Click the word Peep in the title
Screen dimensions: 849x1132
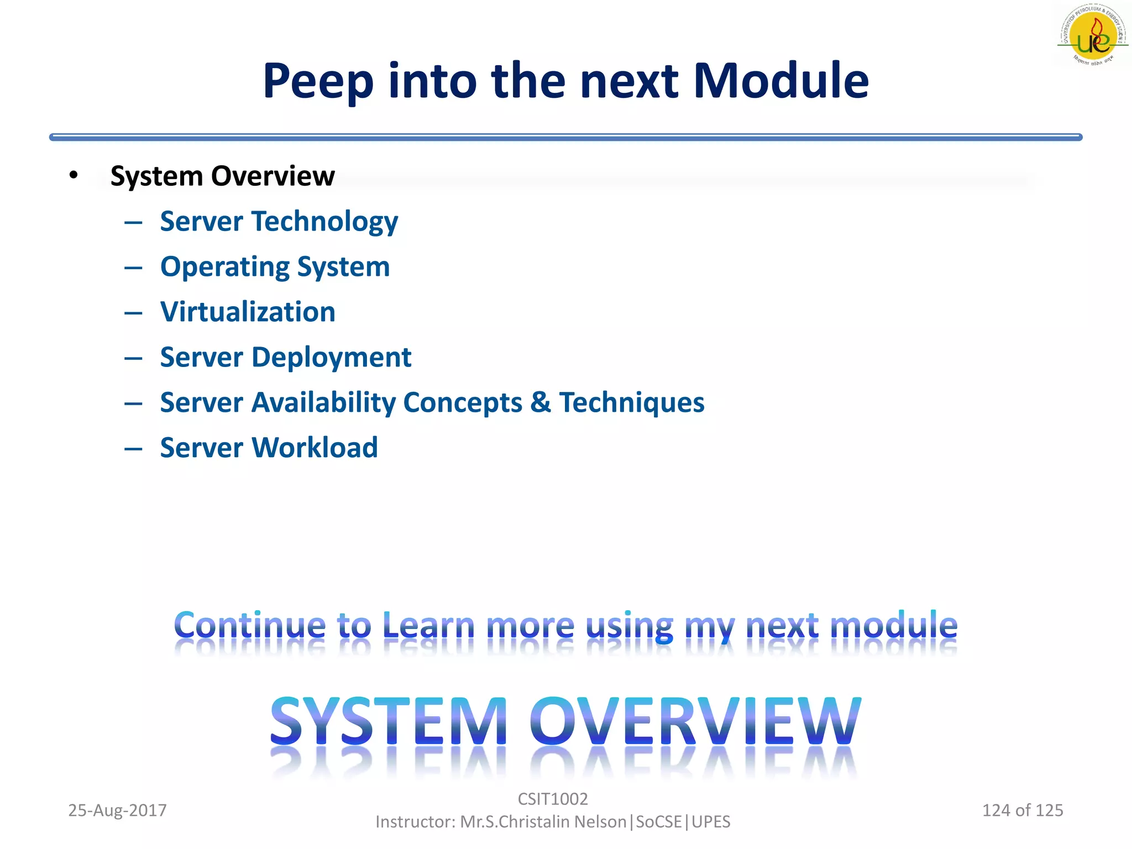tap(318, 82)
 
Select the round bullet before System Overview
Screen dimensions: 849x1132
tap(74, 175)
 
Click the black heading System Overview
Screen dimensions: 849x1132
tap(222, 176)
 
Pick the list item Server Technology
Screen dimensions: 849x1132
tap(279, 222)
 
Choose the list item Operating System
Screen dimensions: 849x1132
tap(275, 267)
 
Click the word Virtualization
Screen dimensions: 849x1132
tap(248, 312)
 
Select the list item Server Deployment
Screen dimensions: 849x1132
tap(285, 357)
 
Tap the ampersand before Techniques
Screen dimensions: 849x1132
tap(540, 402)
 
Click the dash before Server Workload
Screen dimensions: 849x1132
tap(133, 448)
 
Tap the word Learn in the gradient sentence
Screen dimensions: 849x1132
tap(428, 626)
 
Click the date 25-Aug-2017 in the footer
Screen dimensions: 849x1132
tap(117, 810)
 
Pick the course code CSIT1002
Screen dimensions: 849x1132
tap(552, 799)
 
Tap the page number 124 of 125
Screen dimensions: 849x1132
tap(1022, 810)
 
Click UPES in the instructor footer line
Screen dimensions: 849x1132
tap(711, 822)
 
